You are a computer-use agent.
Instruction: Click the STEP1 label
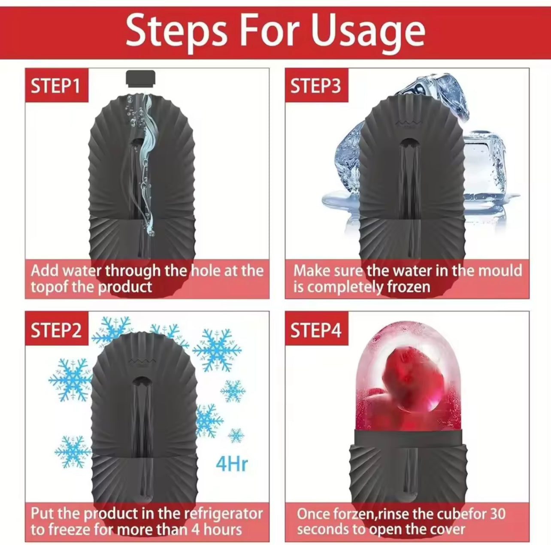click(55, 86)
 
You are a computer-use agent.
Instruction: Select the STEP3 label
click(316, 86)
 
